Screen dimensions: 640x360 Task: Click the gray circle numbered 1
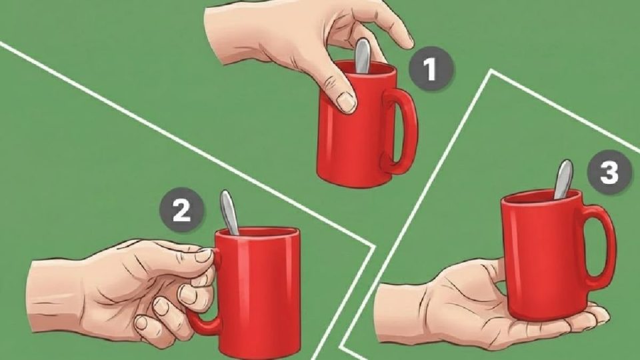coord(431,69)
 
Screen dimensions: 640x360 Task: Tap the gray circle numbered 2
coord(181,210)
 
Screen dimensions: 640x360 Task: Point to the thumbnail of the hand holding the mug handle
coord(203,255)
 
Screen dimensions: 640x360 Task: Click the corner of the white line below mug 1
coord(374,246)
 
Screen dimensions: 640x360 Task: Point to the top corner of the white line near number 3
coord(491,71)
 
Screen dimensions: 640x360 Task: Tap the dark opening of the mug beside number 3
coord(541,195)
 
